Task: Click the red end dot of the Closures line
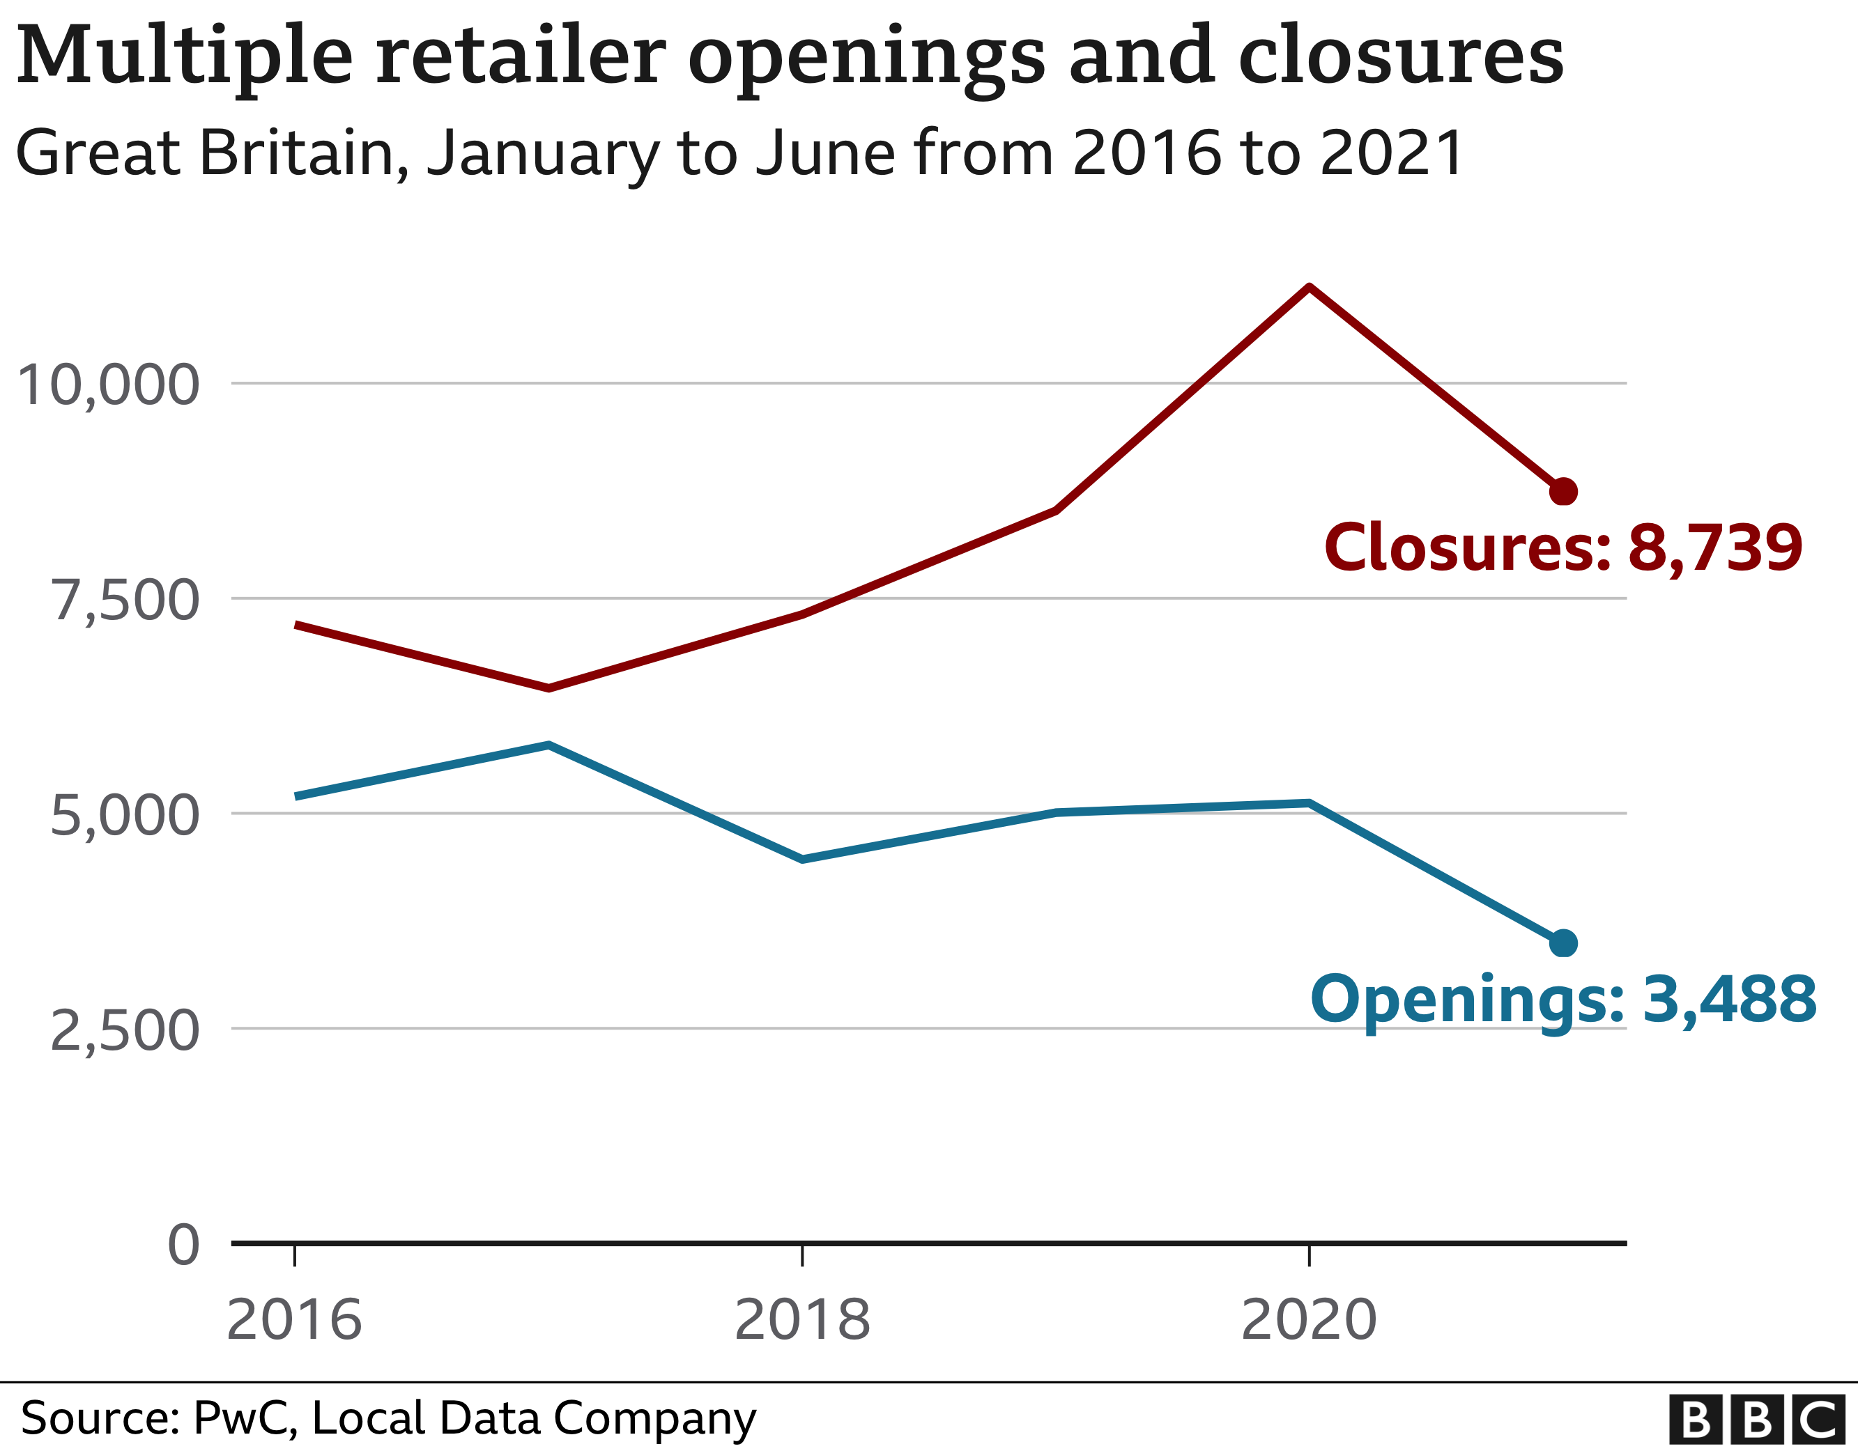1563,492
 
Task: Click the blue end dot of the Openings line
1563,943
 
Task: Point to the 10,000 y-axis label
108,385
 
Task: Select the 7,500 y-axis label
126,600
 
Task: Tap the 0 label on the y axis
183,1246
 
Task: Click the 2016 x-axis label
294,1320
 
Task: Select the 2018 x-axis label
802,1320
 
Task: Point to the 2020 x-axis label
1308,1320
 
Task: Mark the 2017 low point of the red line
548,688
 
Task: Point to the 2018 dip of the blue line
802,860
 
